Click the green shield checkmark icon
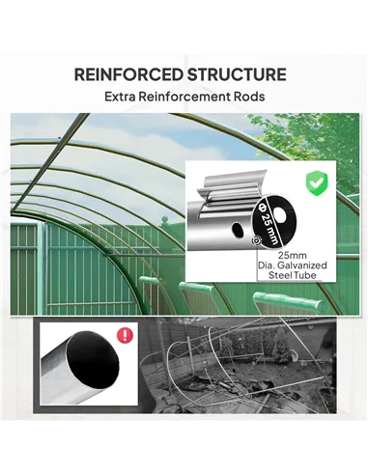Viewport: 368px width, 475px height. tap(314, 182)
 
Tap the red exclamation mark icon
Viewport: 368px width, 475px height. tap(124, 337)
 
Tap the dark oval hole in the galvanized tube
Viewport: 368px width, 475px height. tap(234, 235)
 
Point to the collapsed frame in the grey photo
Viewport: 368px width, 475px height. tap(232, 372)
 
